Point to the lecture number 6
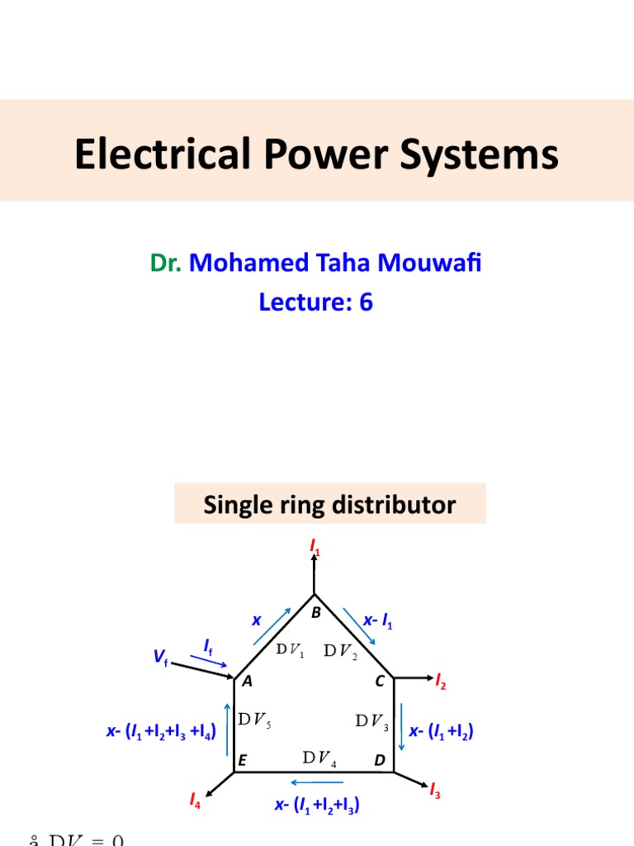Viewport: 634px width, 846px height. click(366, 302)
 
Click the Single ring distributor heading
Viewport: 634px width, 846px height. click(329, 504)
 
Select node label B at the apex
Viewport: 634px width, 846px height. click(315, 613)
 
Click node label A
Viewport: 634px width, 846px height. click(246, 682)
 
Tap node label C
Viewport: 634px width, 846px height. click(380, 682)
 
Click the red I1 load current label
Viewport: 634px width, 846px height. click(314, 546)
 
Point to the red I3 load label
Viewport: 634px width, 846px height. click(435, 792)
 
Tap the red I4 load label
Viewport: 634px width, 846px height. click(194, 800)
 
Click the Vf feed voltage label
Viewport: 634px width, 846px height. click(159, 657)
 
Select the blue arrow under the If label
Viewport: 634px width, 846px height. click(208, 660)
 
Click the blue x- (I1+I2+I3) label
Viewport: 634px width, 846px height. click(317, 803)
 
